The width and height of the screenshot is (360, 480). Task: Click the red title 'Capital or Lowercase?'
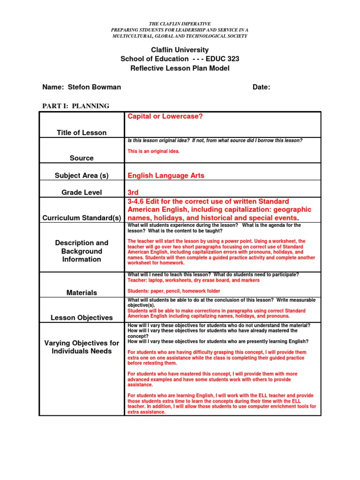[165, 116]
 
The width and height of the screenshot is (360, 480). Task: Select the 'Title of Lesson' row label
[82, 133]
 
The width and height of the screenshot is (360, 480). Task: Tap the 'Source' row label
[82, 158]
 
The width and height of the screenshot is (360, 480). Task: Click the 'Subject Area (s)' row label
[82, 175]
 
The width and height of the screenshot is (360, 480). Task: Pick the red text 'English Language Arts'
[166, 175]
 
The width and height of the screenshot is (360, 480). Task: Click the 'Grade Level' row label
[82, 192]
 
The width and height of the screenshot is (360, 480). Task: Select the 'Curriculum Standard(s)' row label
[82, 218]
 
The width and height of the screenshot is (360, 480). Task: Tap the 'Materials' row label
[82, 292]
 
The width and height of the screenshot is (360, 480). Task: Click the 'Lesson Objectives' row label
[82, 317]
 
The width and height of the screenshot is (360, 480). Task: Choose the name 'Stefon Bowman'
[94, 87]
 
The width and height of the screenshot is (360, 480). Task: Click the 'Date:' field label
[261, 87]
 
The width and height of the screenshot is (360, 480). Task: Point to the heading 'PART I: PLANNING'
[75, 106]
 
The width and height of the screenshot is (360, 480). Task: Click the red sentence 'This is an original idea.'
[153, 151]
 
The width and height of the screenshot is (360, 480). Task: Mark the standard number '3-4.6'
[136, 202]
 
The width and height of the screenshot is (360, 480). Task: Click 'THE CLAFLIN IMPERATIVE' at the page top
[180, 23]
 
